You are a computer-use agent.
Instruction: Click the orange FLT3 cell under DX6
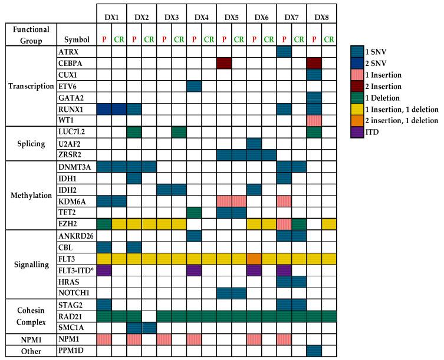click(254, 259)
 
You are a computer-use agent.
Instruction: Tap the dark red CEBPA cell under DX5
click(224, 63)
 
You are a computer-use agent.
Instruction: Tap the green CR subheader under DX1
click(119, 40)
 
